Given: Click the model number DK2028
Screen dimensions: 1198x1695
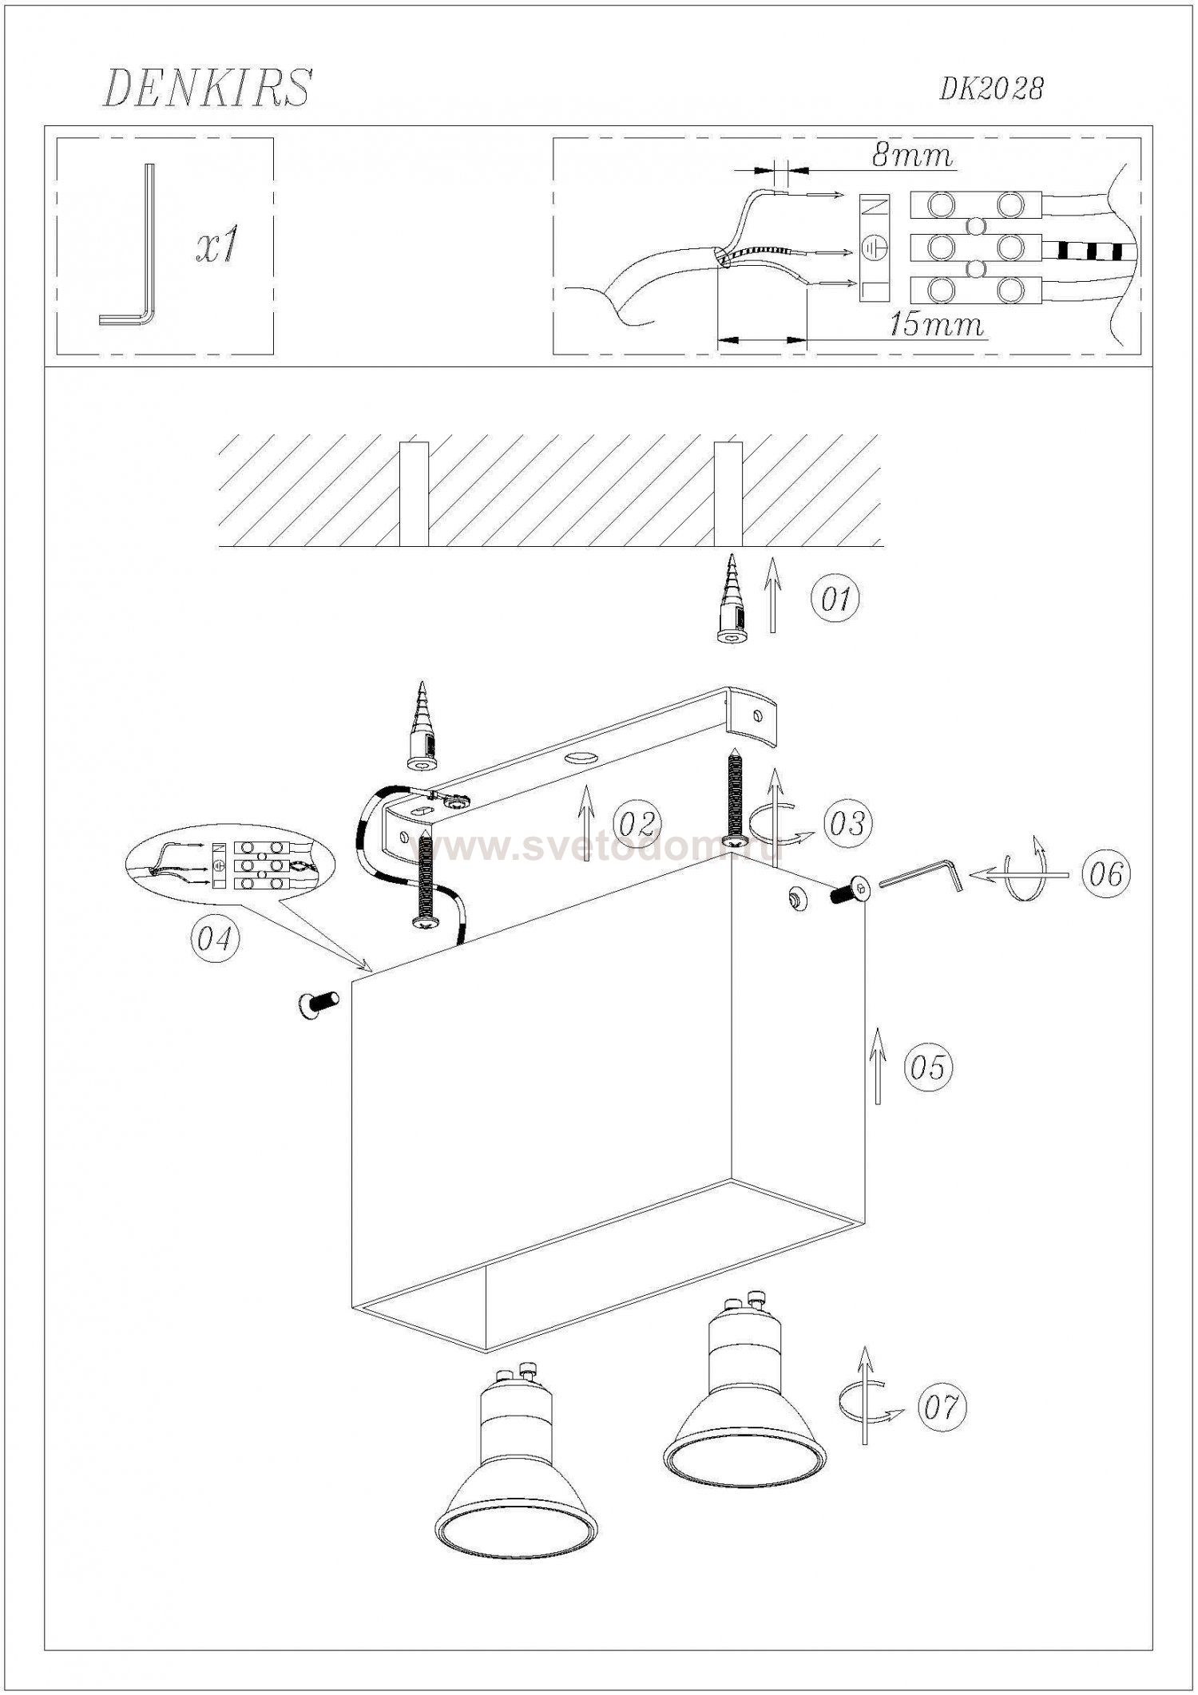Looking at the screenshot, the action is point(991,89).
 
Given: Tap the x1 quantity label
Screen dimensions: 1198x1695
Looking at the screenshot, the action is point(217,248).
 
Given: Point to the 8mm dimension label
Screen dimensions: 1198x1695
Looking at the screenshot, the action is point(913,155).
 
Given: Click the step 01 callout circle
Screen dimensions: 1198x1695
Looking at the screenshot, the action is point(836,599).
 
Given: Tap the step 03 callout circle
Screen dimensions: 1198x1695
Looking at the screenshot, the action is point(848,823).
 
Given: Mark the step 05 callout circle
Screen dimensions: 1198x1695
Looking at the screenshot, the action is point(928,1067).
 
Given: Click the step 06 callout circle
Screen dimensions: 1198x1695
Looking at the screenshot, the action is point(1106,875).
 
